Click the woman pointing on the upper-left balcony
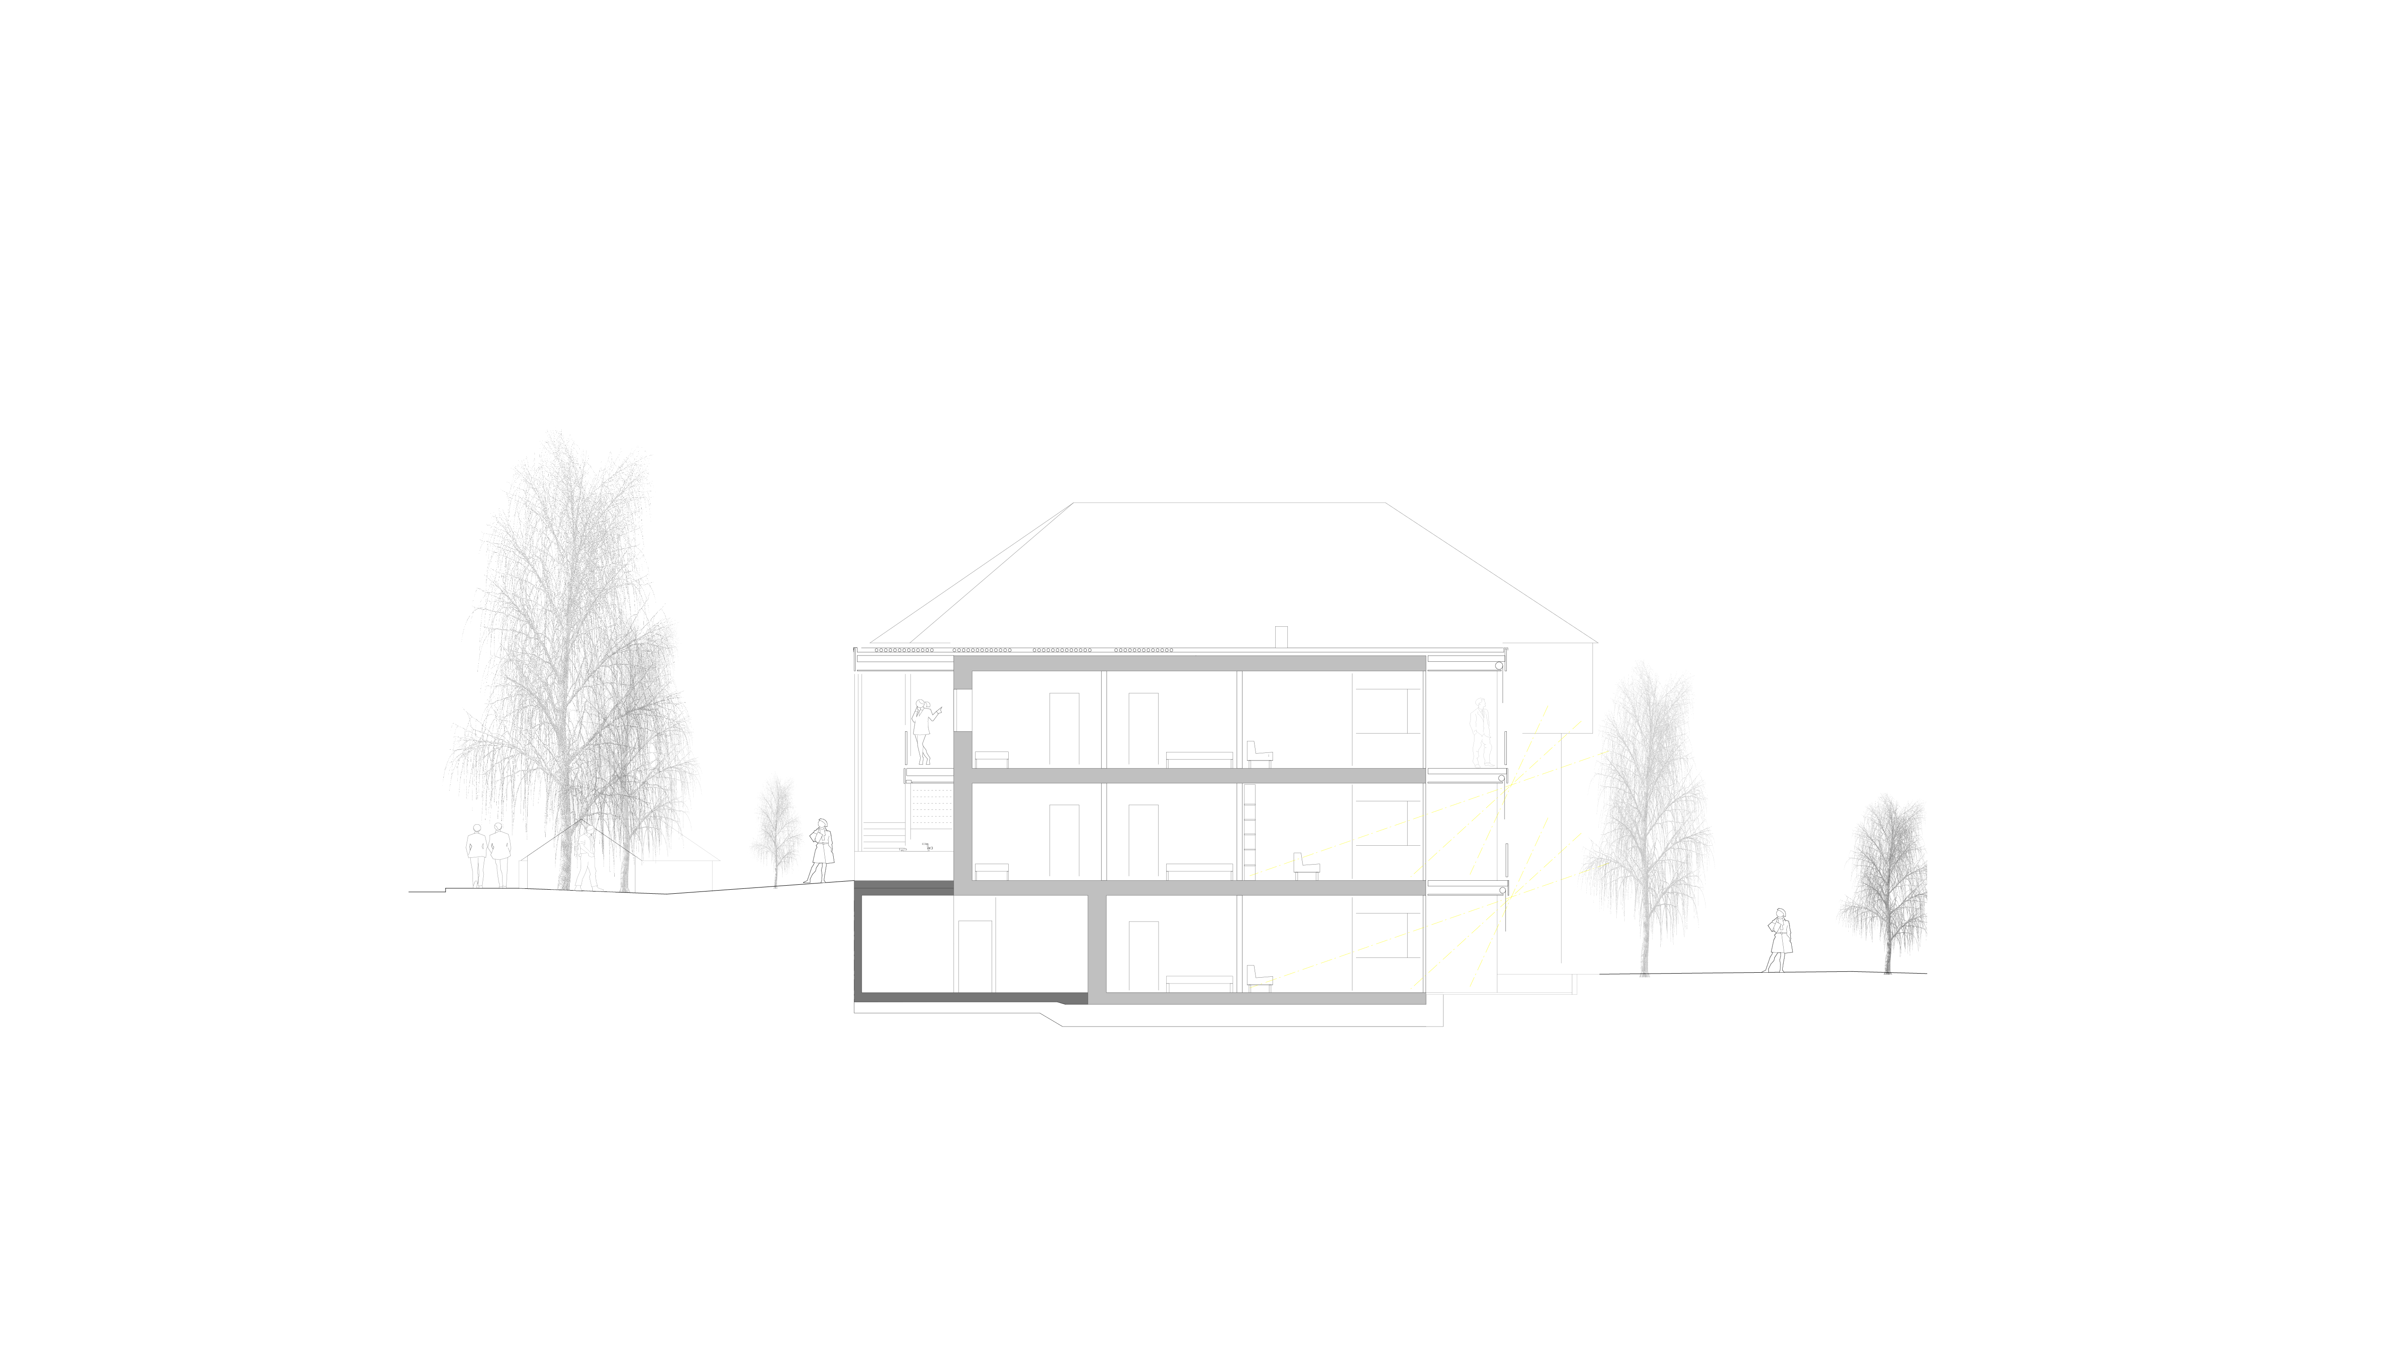coord(923,732)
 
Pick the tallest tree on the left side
coord(557,650)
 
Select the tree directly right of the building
coord(1646,817)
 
